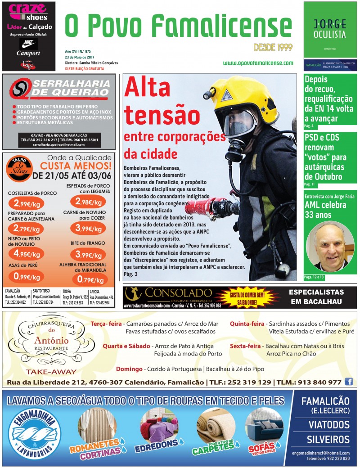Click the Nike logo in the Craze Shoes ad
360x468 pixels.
(x=28, y=44)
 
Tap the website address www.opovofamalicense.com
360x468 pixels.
(x=258, y=63)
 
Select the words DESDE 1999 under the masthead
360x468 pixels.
(x=273, y=47)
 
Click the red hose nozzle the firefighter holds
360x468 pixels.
(x=198, y=208)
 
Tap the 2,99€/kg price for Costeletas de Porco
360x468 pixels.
(x=25, y=202)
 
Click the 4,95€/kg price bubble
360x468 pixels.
(x=25, y=253)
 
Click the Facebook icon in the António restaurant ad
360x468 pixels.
(x=349, y=382)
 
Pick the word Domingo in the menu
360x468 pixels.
(x=129, y=369)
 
